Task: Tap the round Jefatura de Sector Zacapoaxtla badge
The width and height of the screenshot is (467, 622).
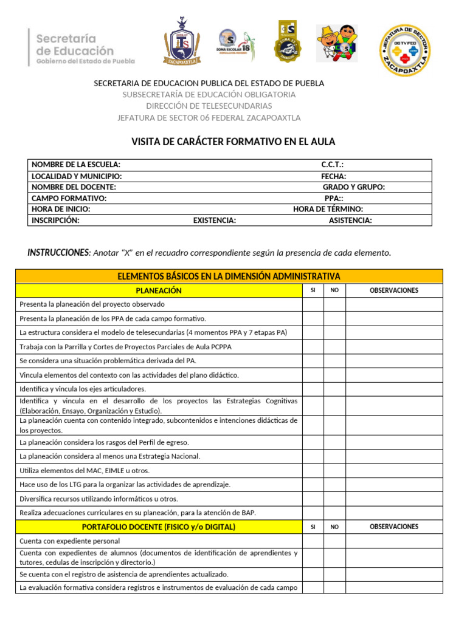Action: click(x=404, y=50)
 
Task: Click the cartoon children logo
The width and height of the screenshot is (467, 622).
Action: click(x=337, y=43)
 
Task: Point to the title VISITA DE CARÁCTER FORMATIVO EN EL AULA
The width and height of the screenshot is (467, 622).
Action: click(x=233, y=142)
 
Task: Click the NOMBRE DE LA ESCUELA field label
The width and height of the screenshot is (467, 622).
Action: click(x=76, y=165)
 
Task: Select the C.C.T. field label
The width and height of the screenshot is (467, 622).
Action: click(x=333, y=165)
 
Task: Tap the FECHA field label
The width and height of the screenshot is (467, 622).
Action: click(x=334, y=176)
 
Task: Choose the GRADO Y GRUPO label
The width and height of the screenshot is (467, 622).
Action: click(x=353, y=187)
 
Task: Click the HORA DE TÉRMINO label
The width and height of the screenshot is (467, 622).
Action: click(x=328, y=209)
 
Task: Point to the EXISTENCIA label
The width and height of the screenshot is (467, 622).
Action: click(x=215, y=220)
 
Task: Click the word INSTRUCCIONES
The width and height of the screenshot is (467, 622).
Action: click(x=58, y=252)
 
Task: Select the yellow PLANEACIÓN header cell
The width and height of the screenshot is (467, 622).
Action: click(x=158, y=290)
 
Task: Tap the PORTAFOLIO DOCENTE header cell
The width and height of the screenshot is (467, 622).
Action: click(x=158, y=527)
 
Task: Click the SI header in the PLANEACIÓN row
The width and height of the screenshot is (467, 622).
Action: click(x=313, y=290)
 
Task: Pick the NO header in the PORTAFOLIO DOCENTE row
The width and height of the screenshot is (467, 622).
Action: click(x=334, y=527)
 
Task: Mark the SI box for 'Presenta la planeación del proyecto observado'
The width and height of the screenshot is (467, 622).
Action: click(x=313, y=304)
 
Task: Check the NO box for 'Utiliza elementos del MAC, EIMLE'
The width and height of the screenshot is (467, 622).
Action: click(x=334, y=470)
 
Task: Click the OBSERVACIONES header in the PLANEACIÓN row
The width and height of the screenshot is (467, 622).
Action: click(x=394, y=290)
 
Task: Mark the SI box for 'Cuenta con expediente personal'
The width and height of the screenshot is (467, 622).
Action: click(x=313, y=541)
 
